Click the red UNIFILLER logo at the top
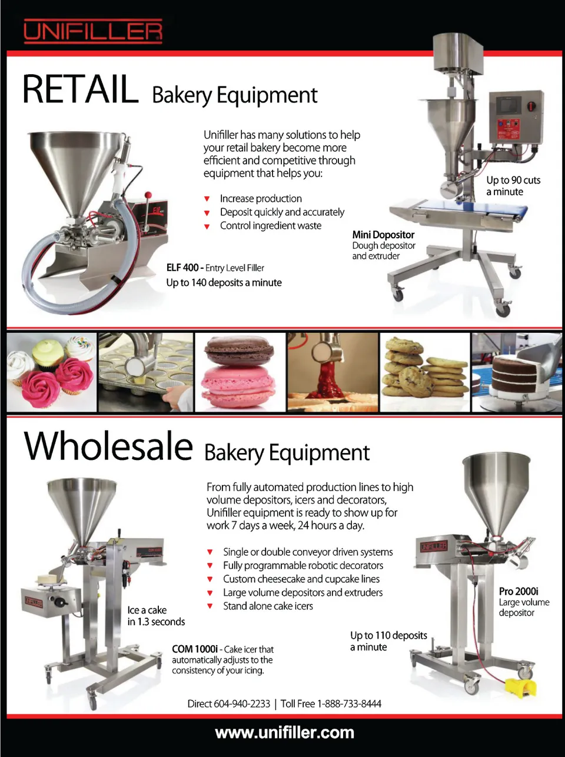click(93, 31)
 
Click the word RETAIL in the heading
click(81, 89)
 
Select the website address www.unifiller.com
click(285, 732)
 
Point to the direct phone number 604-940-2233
click(242, 703)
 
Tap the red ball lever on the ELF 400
click(148, 195)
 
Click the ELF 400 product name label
click(182, 268)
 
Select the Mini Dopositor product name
click(383, 235)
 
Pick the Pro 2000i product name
click(519, 591)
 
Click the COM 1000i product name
click(195, 649)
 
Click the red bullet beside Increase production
click(207, 199)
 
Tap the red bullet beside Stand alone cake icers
click(210, 606)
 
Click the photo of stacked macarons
click(240, 372)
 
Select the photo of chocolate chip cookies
click(425, 372)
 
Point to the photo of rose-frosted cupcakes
click(52, 372)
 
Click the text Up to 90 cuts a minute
click(513, 186)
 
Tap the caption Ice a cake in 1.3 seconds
click(156, 616)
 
